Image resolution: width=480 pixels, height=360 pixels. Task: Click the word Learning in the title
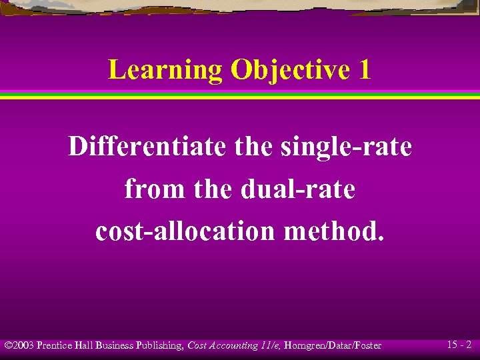166,69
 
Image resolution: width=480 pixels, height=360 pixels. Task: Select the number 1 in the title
364,69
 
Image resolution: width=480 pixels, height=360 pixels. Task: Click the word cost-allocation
185,231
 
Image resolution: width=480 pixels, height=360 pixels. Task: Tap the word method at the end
333,231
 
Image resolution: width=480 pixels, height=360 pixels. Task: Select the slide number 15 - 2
459,345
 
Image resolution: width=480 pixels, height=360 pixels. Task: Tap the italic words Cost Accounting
222,345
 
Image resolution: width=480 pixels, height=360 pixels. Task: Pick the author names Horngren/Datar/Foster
333,345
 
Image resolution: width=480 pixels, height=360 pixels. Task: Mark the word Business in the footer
115,345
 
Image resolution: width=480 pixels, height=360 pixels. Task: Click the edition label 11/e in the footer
271,345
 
